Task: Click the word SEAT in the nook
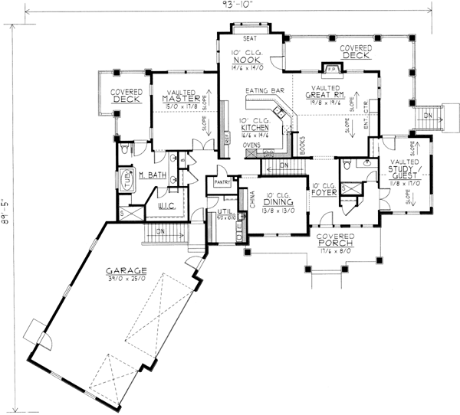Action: [x=250, y=38]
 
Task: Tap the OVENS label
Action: [x=252, y=144]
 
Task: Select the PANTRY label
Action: [x=223, y=183]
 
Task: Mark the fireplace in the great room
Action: [x=332, y=69]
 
